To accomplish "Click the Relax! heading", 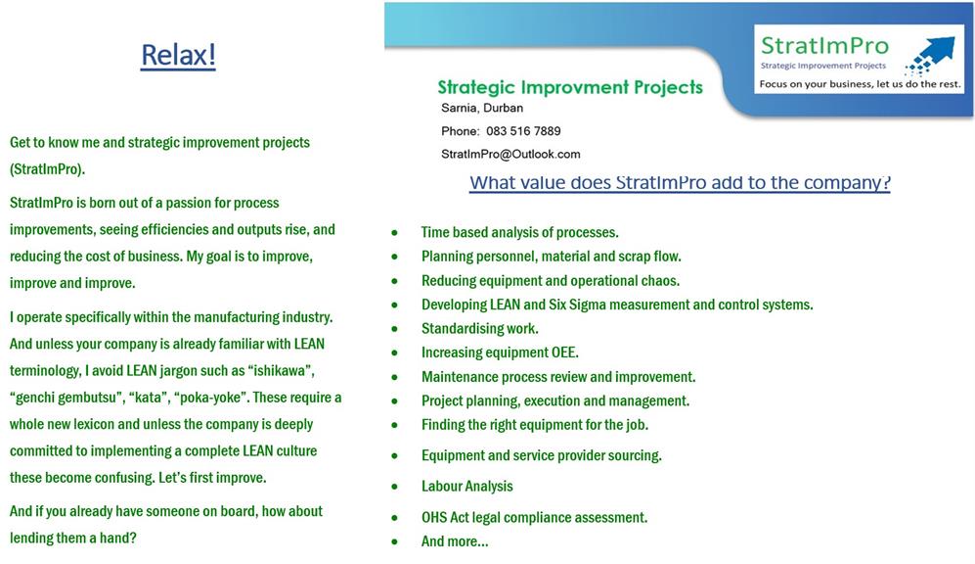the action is pos(178,55).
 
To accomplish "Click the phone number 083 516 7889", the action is pos(523,131).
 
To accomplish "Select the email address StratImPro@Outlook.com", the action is pos(510,154).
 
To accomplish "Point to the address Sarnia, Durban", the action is pos(482,108).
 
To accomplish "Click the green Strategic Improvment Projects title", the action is pos(570,87).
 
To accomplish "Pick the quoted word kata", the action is pos(148,398).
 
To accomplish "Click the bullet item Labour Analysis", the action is pos(467,487).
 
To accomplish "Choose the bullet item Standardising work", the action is pos(480,329).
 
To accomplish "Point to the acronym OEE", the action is pos(564,352).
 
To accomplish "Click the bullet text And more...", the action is pos(455,541).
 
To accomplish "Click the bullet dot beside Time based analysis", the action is pos(394,233).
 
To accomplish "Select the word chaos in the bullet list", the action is pos(660,281).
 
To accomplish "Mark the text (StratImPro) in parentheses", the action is pos(47,169).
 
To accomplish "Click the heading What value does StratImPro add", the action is pos(680,182).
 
